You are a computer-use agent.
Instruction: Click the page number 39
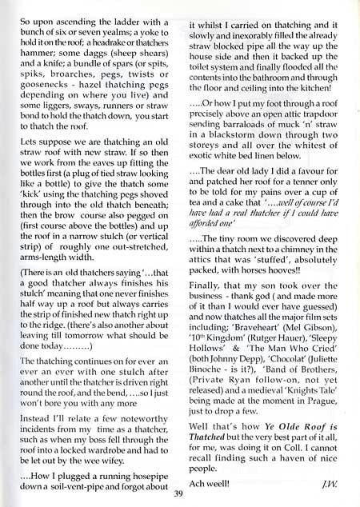(x=178, y=494)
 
